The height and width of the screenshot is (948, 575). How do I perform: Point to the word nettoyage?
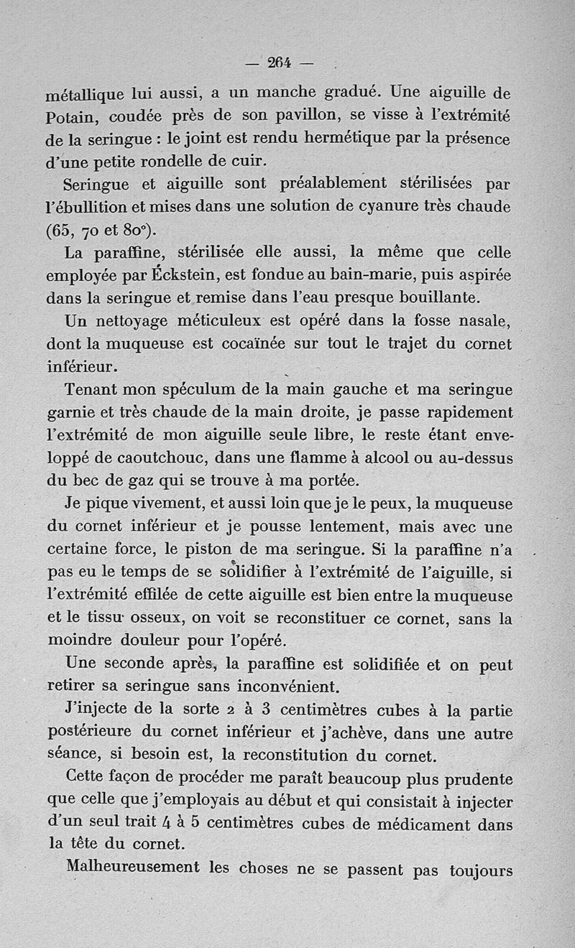pos(137,321)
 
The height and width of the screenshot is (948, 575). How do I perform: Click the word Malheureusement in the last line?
pos(133,867)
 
